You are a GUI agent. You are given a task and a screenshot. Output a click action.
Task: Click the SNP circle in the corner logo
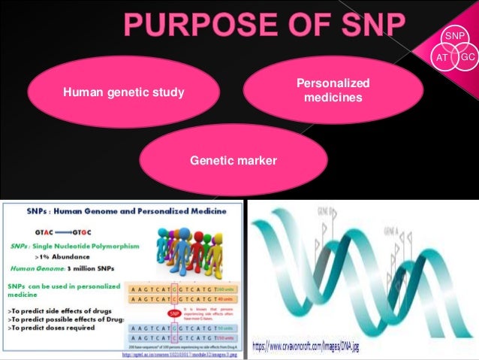453,37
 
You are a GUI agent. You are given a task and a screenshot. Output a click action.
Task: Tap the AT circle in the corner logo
441,57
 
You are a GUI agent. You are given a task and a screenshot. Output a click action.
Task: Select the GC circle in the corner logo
467,57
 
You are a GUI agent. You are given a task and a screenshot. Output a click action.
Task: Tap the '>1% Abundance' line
62,257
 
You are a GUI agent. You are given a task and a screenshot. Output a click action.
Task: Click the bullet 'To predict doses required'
52,328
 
